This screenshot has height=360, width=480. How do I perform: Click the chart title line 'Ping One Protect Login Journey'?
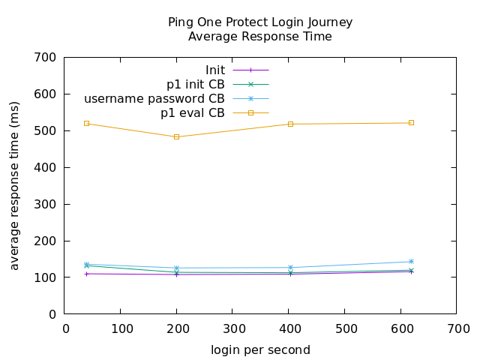(260, 22)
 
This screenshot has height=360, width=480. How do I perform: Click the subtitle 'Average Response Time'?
(260, 36)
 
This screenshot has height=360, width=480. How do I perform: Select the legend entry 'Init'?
(215, 70)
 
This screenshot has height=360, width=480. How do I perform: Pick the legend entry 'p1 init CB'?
(196, 85)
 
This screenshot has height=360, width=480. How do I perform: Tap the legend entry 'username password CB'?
(154, 99)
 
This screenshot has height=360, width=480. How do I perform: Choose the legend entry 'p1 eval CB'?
(193, 113)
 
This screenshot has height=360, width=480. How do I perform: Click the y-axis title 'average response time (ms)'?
(15, 185)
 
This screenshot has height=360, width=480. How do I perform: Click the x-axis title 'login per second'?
(260, 349)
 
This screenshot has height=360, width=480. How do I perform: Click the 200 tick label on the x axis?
(177, 328)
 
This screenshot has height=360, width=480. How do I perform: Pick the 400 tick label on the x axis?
(289, 328)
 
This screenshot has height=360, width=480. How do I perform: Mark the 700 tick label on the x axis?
(457, 328)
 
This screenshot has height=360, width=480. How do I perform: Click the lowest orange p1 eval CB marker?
(177, 136)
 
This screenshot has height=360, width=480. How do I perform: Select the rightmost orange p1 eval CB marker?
(411, 122)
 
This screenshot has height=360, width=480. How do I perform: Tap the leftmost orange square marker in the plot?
(86, 123)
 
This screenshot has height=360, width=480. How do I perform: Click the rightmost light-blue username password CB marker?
(411, 262)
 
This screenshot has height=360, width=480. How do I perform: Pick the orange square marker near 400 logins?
(290, 124)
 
